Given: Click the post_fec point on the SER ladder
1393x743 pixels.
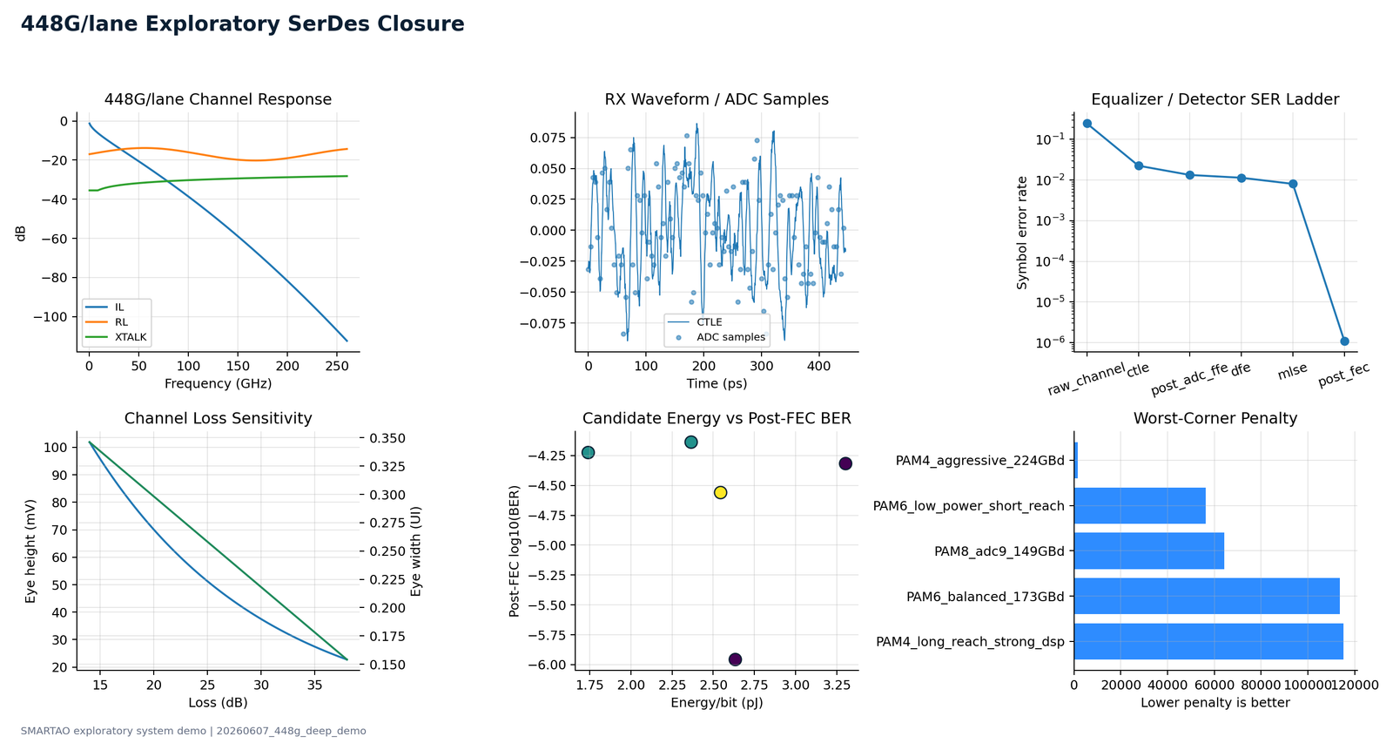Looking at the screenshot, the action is coord(1344,341).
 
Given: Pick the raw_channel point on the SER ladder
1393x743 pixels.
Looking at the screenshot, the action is coord(1087,123).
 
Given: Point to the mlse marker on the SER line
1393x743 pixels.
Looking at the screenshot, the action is coord(1293,184).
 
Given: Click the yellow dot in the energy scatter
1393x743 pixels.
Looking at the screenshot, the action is coord(720,492).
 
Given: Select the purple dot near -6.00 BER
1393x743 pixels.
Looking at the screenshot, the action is coord(735,659).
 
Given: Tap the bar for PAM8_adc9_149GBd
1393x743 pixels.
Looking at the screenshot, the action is coord(1148,550).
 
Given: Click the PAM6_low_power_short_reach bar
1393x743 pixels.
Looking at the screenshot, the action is coord(1140,505).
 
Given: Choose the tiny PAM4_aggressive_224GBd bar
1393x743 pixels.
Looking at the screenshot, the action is coord(1076,461).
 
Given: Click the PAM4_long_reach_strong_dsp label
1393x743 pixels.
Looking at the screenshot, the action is coord(970,642).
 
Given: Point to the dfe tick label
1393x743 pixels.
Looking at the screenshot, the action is coord(1241,369).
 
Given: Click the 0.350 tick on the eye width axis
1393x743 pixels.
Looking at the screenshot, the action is coord(387,438).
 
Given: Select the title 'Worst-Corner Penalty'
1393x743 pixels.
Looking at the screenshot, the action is coord(1215,418).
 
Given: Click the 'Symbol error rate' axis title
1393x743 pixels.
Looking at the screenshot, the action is coord(1022,233).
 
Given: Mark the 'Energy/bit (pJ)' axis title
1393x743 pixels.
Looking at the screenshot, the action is coord(717,703).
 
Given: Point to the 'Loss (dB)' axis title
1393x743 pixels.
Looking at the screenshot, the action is coord(218,703).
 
